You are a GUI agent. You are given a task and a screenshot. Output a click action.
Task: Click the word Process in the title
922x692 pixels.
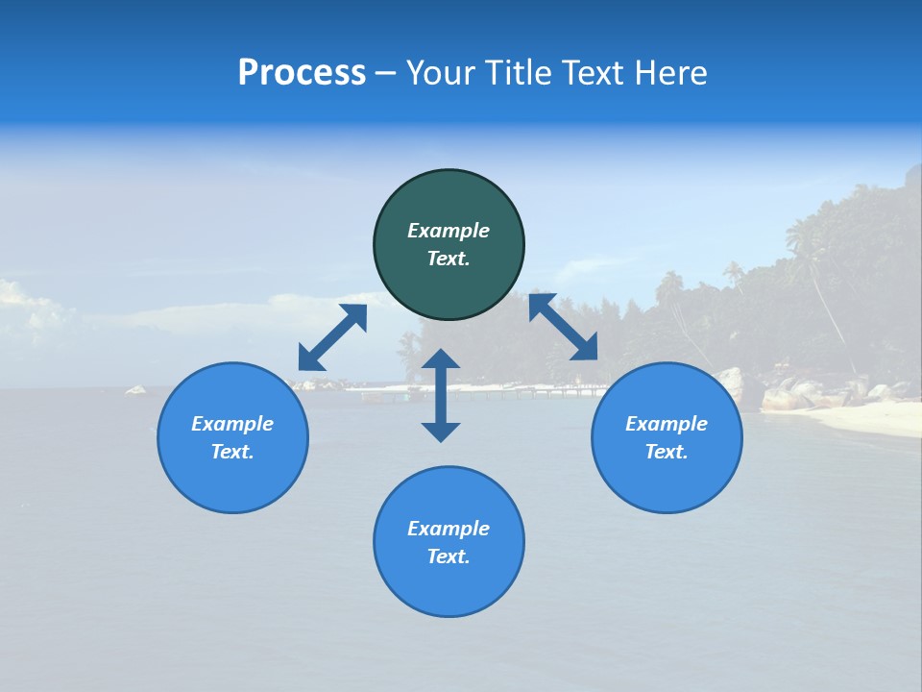tap(302, 73)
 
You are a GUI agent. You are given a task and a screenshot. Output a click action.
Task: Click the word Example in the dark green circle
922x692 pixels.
tap(449, 231)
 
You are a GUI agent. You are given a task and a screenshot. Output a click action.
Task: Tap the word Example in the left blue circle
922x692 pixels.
tap(232, 424)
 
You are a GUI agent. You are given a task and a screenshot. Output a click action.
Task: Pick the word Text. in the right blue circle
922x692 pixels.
tap(667, 452)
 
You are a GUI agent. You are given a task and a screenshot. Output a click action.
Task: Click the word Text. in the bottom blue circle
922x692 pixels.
tap(449, 556)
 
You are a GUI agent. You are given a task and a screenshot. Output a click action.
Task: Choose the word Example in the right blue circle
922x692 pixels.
tap(667, 424)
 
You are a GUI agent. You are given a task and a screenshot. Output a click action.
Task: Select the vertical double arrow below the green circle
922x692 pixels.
tap(441, 395)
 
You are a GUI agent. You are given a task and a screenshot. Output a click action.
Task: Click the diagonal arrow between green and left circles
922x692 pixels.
tap(332, 337)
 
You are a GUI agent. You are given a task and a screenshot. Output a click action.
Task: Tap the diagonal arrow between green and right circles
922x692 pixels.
tap(564, 327)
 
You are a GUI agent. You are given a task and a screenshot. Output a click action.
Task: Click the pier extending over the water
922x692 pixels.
tap(538, 391)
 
